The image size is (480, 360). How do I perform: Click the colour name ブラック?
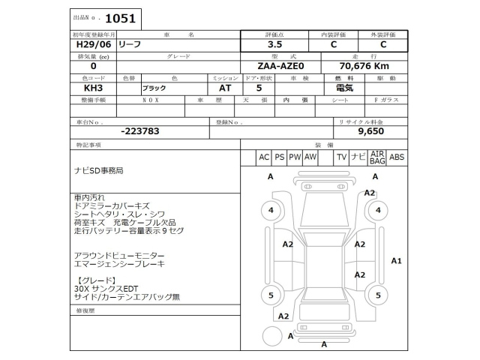point(154,88)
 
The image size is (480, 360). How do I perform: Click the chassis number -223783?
point(139,130)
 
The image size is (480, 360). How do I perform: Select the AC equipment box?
point(263,157)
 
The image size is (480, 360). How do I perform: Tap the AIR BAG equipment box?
point(376,157)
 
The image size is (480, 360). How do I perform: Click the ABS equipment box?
point(397,157)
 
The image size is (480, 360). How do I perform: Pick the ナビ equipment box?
point(358,157)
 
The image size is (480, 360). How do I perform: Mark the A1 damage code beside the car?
point(397,260)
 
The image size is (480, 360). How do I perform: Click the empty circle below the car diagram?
point(270,334)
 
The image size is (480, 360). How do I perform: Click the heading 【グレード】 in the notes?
point(90,280)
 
